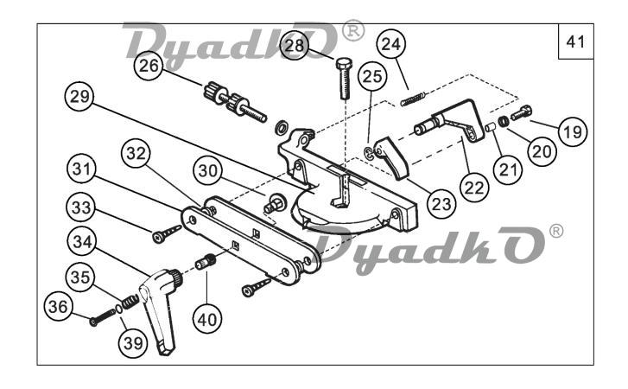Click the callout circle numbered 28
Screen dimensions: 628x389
coord(295,45)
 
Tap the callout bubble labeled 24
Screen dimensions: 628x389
coord(391,44)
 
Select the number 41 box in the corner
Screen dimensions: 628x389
coord(575,41)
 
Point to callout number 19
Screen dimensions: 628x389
coord(573,131)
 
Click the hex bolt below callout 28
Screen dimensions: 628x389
coord(344,79)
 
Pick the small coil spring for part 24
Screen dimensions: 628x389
coord(413,99)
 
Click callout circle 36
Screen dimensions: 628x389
coord(59,307)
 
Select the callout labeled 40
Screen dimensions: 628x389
coord(207,320)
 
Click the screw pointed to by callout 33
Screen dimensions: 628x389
coord(166,234)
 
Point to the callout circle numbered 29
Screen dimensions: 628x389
coord(79,97)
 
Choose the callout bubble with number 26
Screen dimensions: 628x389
coord(149,66)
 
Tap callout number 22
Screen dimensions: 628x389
coord(474,187)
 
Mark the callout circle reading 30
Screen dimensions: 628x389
coord(207,171)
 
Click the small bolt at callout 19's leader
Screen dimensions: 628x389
coord(522,112)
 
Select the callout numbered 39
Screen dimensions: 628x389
coord(133,343)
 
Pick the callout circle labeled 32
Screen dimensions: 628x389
coord(136,153)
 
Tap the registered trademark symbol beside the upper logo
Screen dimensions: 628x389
coord(352,30)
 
